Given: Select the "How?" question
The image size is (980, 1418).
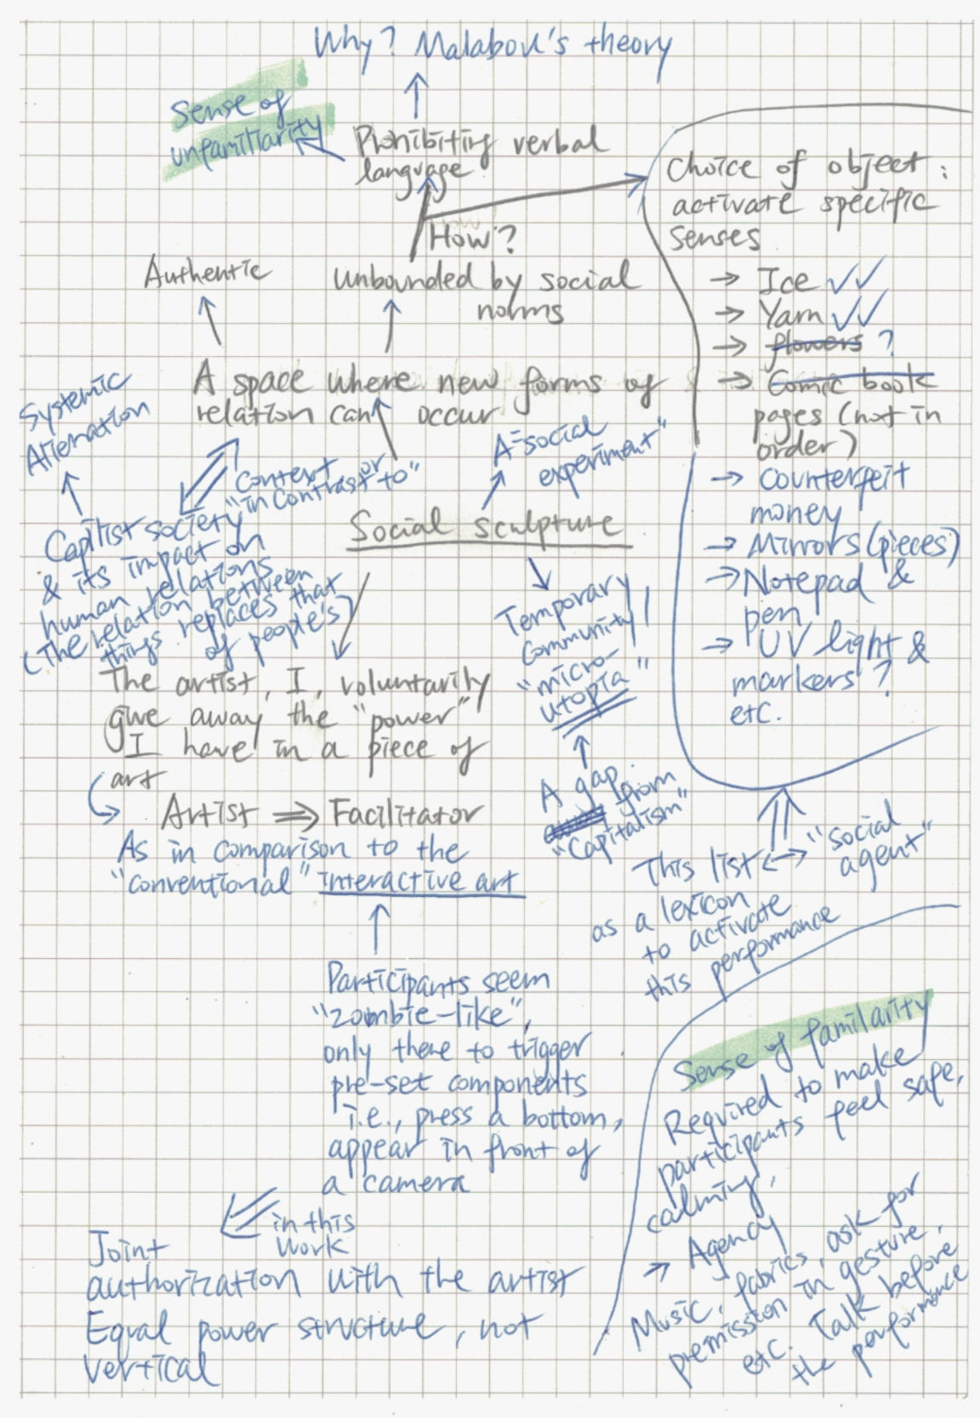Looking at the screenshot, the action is (470, 238).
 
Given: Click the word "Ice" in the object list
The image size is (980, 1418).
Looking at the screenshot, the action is (783, 280).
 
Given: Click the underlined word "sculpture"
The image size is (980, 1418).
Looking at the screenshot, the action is (553, 525).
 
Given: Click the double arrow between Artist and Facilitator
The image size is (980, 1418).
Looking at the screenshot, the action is (292, 816).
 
